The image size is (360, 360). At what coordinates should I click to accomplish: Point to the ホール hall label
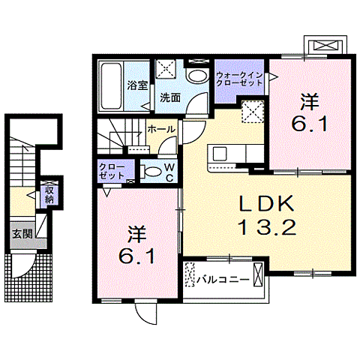click(161, 129)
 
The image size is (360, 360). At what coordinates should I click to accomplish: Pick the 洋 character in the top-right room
click(308, 101)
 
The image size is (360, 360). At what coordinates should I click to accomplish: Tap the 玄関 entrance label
click(20, 232)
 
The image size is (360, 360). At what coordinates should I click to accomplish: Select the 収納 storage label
click(49, 195)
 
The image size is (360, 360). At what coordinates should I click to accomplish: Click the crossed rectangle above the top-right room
click(325, 46)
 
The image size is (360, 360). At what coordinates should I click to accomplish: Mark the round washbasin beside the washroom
click(196, 76)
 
